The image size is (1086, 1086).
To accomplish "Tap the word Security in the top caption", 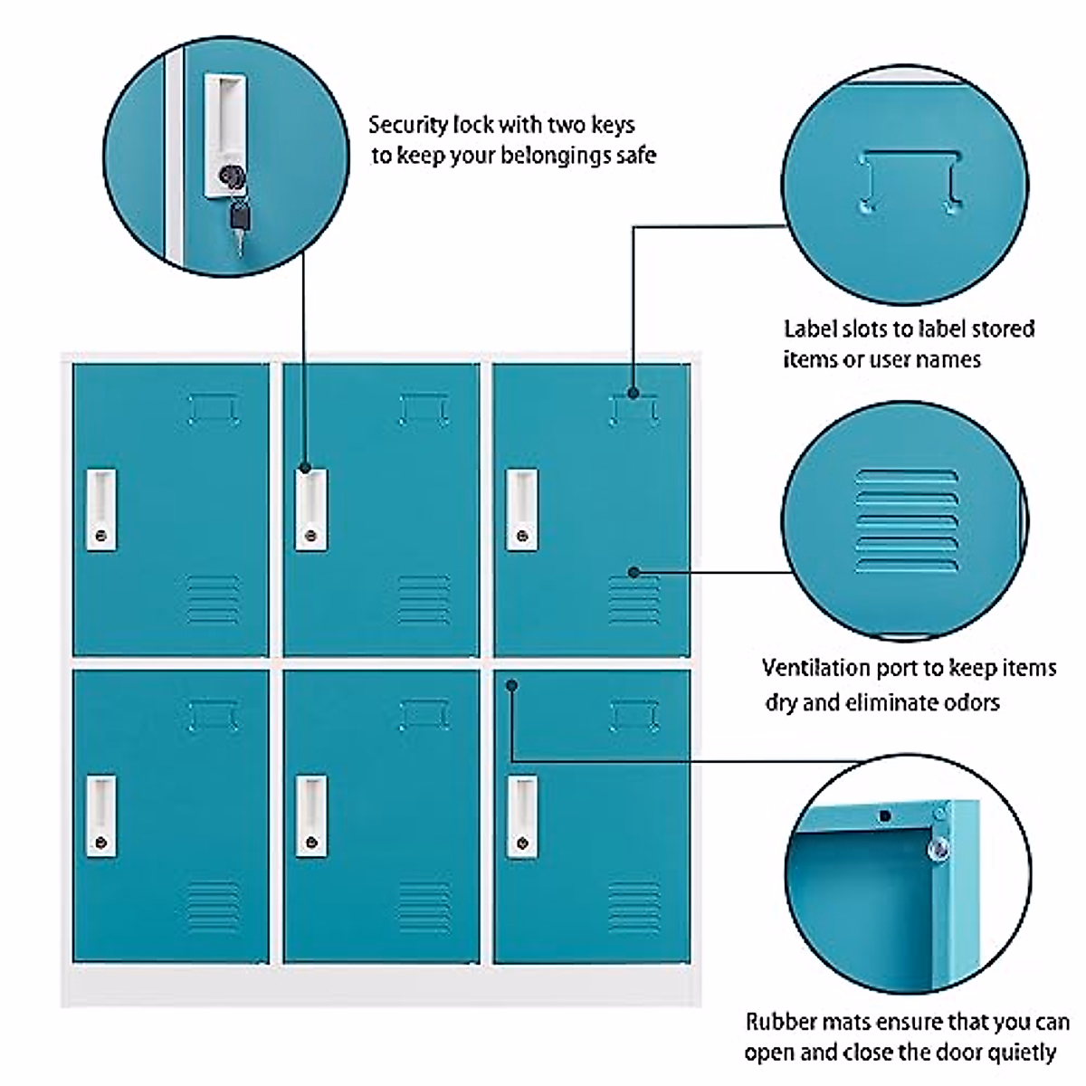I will [x=407, y=124].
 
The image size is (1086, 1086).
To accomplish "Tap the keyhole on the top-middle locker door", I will [x=311, y=536].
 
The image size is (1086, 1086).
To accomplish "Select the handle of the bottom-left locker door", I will [x=101, y=815].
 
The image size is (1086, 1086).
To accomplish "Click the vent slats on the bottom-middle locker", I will [x=424, y=906].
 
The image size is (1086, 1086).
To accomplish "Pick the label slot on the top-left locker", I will [x=214, y=409].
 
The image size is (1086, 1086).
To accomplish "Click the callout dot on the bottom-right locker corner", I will [x=512, y=685].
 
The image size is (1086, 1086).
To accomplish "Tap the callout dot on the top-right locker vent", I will [x=633, y=572].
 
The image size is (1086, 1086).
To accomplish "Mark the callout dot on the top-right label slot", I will [x=633, y=393].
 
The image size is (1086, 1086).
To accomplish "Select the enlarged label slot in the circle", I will [x=909, y=181].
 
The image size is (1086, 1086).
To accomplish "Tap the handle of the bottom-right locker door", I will [x=521, y=815].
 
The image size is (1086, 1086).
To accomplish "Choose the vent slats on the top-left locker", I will [x=214, y=599].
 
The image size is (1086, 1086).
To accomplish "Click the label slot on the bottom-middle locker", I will [x=424, y=715].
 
